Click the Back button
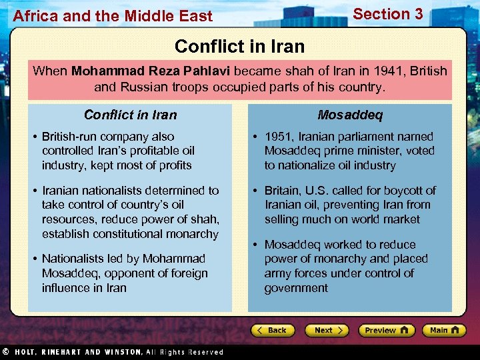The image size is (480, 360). (x=273, y=330)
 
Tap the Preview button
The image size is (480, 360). (x=386, y=330)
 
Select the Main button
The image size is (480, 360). (x=443, y=330)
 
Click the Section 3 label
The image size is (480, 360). (x=387, y=14)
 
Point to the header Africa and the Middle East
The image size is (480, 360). (x=112, y=16)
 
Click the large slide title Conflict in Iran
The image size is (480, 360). (x=239, y=46)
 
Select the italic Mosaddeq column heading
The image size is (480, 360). (x=350, y=115)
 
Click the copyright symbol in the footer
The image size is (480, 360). (x=5, y=352)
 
